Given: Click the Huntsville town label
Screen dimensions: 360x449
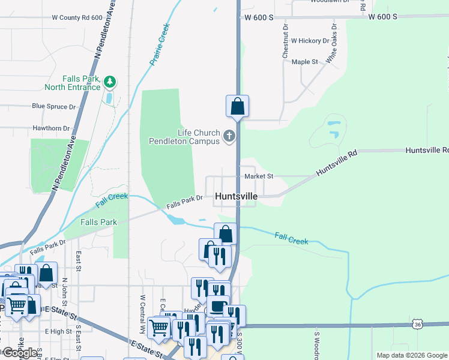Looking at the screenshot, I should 237,196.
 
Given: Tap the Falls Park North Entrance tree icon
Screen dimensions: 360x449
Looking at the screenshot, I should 109,81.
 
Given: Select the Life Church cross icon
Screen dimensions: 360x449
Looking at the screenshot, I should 229,137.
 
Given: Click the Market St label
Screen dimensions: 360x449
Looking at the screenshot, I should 259,176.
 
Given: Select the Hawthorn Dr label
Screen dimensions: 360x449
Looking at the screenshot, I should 51,128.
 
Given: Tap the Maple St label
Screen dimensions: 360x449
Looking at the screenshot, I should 304,62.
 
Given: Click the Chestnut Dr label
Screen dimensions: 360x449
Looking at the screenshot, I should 286,41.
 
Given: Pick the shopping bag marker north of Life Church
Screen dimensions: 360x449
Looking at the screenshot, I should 238,106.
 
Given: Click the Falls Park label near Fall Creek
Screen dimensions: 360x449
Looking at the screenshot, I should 98,222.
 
